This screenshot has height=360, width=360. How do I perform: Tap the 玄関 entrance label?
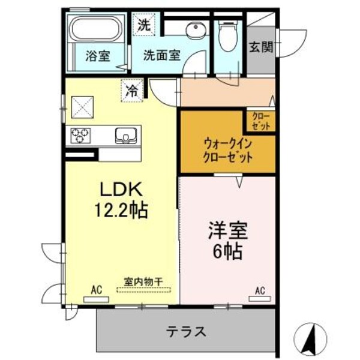pyautogui.click(x=261, y=47)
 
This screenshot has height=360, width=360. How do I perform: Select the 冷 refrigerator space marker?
pyautogui.click(x=131, y=91)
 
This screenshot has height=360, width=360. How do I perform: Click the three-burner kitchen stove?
pyautogui.click(x=81, y=135)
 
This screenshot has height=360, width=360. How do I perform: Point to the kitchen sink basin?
pyautogui.click(x=125, y=136)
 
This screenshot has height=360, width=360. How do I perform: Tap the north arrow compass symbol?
pyautogui.click(x=311, y=339)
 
